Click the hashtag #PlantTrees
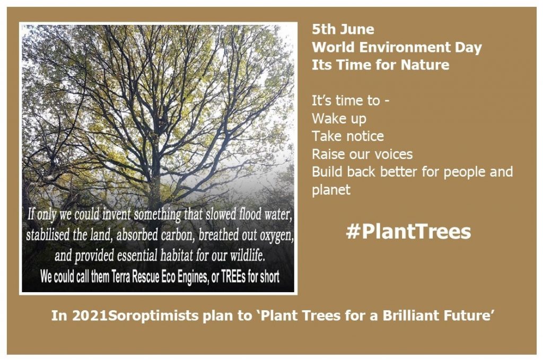[x=408, y=232]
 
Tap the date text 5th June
[x=343, y=29]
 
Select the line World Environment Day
[x=397, y=47]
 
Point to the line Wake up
[x=339, y=118]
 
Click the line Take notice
[x=347, y=136]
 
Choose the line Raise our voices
[x=362, y=154]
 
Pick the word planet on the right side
[x=331, y=190]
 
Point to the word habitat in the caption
[x=176, y=256]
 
